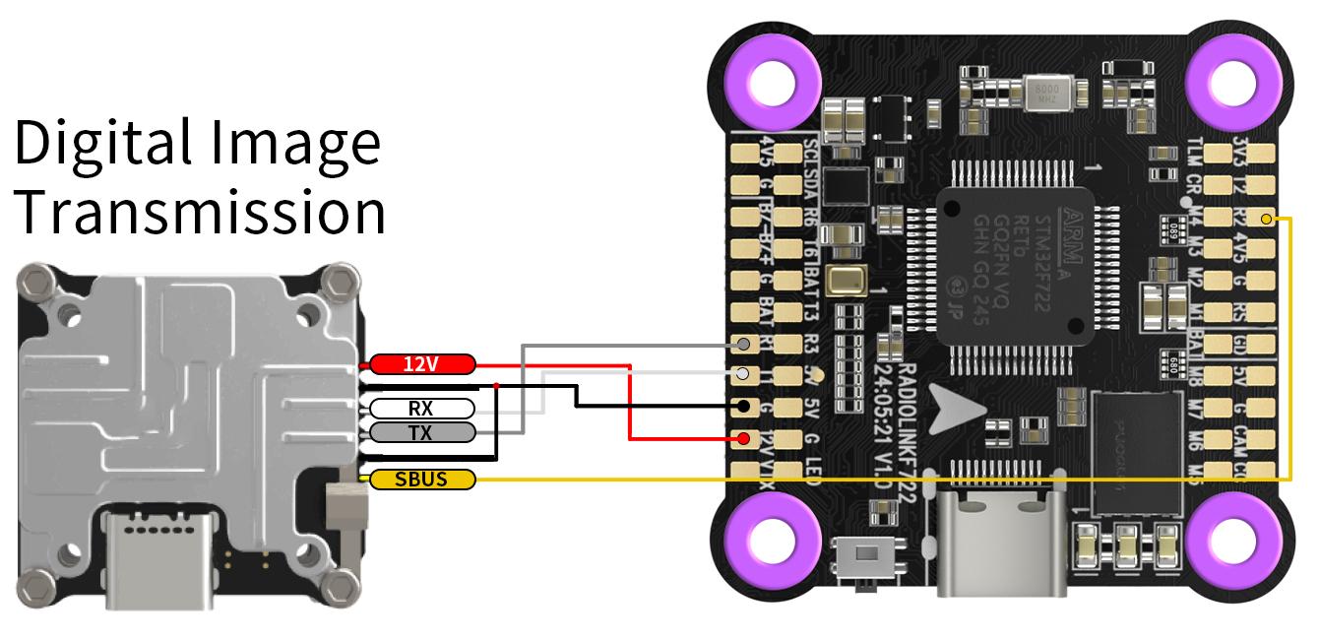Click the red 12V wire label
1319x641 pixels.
pyautogui.click(x=421, y=364)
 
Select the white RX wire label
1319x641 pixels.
pyautogui.click(x=421, y=408)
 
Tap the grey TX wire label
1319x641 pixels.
pyautogui.click(x=421, y=431)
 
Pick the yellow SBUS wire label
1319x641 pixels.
pyautogui.click(x=421, y=480)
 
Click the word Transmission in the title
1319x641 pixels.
pyautogui.click(x=200, y=210)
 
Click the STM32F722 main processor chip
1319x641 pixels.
pyautogui.click(x=1018, y=263)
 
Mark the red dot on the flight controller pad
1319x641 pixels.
pyautogui.click(x=745, y=438)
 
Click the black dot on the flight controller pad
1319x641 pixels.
pyautogui.click(x=745, y=406)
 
